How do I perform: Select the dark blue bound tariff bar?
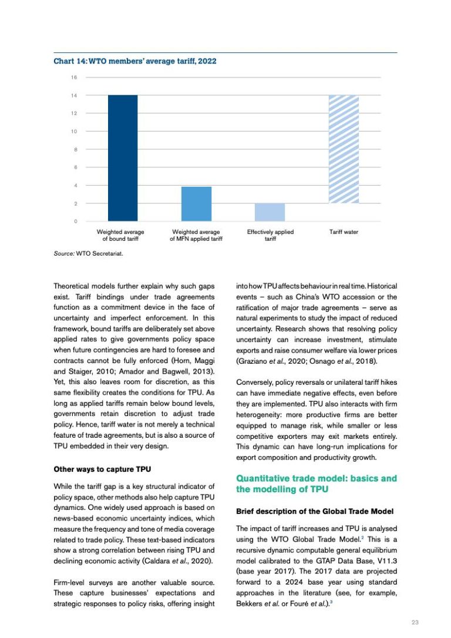[123, 158]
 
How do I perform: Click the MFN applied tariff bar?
[196, 204]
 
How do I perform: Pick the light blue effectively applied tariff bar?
[270, 212]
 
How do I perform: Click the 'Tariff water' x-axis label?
[344, 232]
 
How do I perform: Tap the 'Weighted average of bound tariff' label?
[120, 236]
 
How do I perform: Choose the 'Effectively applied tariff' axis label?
[270, 236]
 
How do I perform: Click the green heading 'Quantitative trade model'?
[316, 483]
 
